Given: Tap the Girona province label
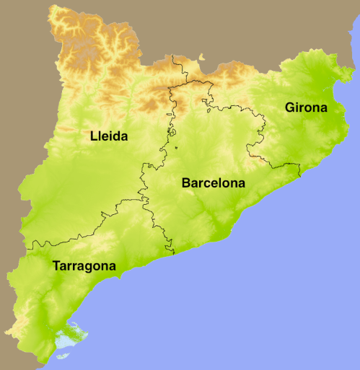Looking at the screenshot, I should (x=306, y=109).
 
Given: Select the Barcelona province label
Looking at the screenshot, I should (x=213, y=183).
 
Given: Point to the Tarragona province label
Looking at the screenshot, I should (x=84, y=266).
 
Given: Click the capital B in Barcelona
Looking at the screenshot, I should (x=186, y=183).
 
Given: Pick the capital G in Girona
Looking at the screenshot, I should (x=290, y=108).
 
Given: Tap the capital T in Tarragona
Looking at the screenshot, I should (x=56, y=266).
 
